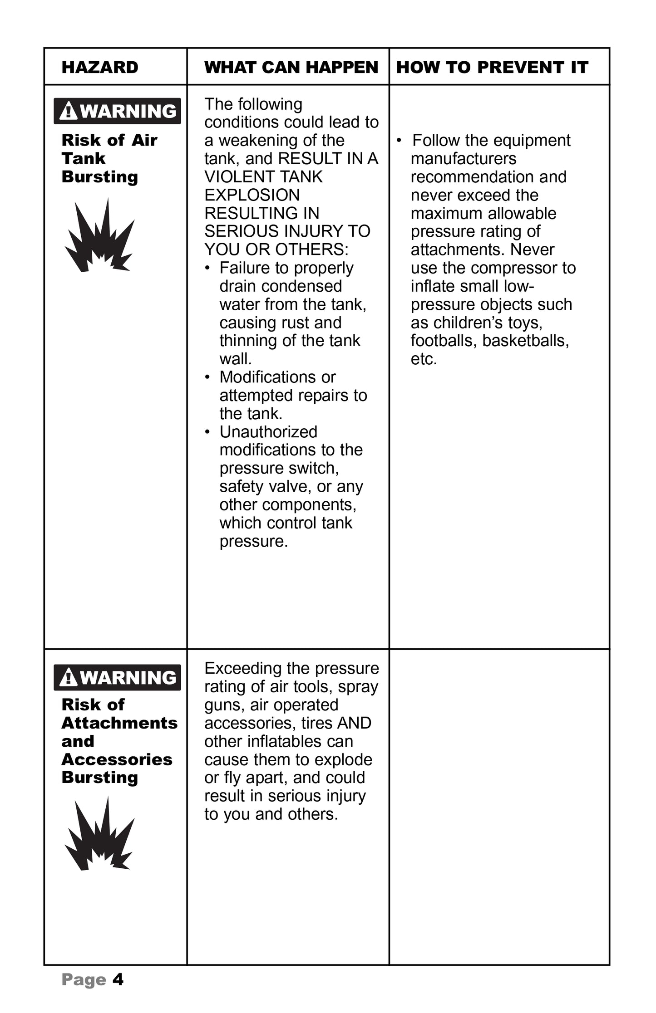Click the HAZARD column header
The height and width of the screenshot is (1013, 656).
click(x=100, y=67)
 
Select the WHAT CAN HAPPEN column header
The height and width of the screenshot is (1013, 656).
click(x=291, y=67)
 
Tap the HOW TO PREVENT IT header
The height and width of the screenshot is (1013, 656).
click(x=492, y=67)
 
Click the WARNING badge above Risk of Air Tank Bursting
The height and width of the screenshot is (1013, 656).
click(x=117, y=111)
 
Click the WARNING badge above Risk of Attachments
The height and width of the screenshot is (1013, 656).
click(x=117, y=677)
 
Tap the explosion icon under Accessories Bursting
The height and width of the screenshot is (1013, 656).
click(x=100, y=835)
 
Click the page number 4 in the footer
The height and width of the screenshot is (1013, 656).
click(x=118, y=980)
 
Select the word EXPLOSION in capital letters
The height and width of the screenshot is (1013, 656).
click(x=252, y=195)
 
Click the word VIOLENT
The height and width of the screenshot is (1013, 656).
click(x=237, y=177)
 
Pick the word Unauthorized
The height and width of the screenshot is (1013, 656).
click(x=268, y=432)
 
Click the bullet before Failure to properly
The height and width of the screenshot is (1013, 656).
click(x=207, y=268)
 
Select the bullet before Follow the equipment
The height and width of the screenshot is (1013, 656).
click(x=399, y=141)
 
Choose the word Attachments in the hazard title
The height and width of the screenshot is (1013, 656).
click(x=119, y=723)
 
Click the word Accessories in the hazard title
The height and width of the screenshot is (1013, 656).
click(x=117, y=759)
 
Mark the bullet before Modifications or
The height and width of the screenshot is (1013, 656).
click(x=207, y=377)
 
